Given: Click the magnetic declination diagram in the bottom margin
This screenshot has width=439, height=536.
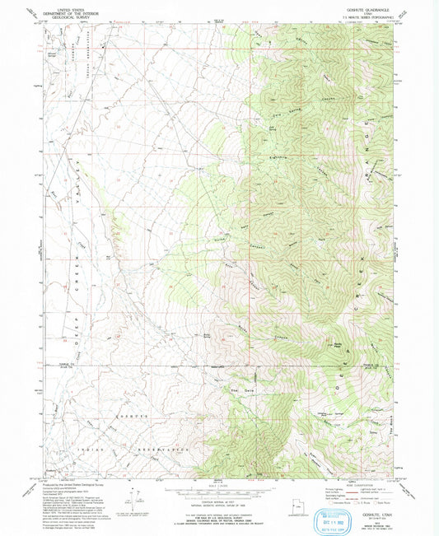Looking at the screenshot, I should coord(132,499).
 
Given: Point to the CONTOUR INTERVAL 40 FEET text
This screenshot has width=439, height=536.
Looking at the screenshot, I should coord(218,501).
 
